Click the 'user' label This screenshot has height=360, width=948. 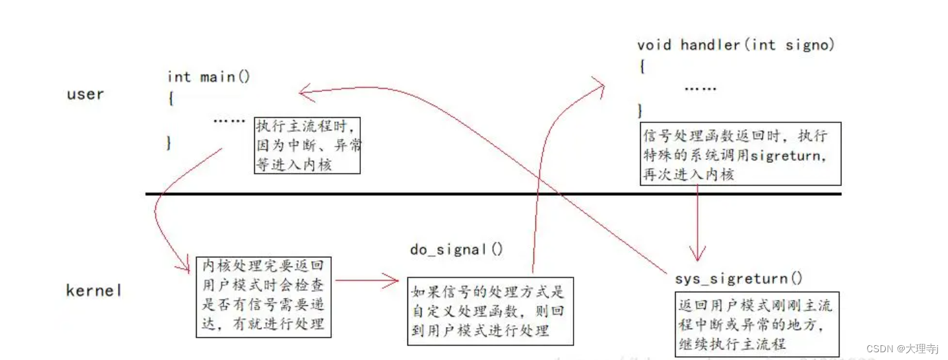[85, 94]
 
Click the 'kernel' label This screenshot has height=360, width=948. [94, 291]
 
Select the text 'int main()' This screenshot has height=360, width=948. [208, 77]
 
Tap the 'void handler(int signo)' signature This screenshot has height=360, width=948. [736, 45]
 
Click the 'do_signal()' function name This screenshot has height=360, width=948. [456, 249]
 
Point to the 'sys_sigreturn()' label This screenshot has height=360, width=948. [738, 279]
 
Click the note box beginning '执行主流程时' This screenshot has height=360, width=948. [308, 145]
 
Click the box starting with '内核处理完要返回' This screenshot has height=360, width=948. [264, 296]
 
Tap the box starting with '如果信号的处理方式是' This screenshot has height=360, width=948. [490, 311]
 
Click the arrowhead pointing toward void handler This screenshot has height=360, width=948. [598, 85]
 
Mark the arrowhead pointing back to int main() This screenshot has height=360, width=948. [304, 92]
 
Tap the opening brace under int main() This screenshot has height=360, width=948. [171, 98]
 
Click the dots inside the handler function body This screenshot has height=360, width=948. [700, 89]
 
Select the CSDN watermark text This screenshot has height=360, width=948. [901, 349]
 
